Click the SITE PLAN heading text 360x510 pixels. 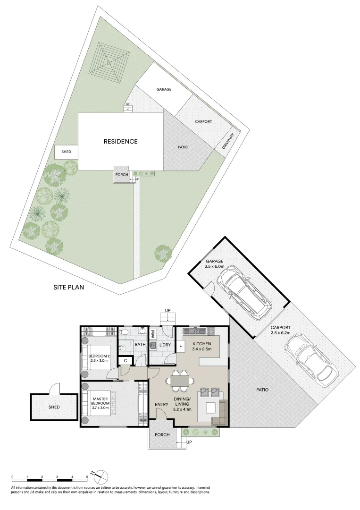pyautogui.click(x=69, y=287)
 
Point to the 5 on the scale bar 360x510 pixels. pyautogui.click(x=87, y=478)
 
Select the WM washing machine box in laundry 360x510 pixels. pyautogui.click(x=153, y=334)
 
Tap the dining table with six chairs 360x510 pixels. pyautogui.click(x=179, y=381)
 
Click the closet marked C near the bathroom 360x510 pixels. pyautogui.click(x=125, y=361)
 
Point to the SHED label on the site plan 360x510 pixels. pyautogui.click(x=66, y=152)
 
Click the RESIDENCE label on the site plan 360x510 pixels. pyautogui.click(x=121, y=141)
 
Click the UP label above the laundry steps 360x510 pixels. pyautogui.click(x=167, y=310)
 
